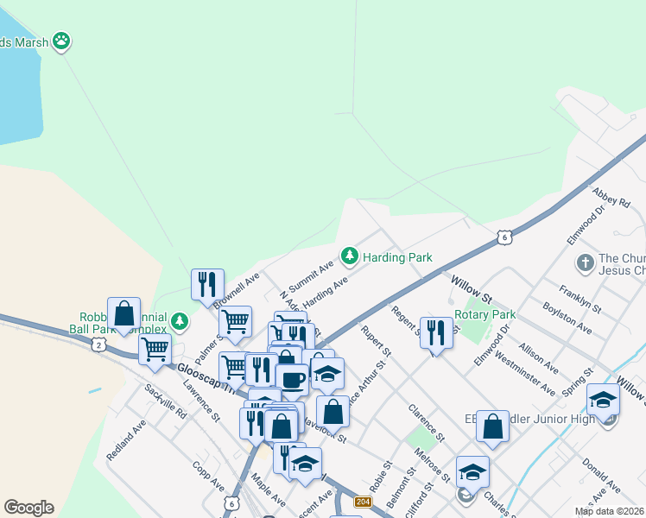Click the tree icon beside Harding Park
click(x=350, y=256)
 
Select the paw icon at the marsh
click(x=60, y=40)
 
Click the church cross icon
click(x=585, y=262)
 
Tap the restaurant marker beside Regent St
click(x=436, y=332)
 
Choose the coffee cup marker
click(x=292, y=378)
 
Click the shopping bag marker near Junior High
click(x=492, y=426)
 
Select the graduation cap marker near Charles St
click(x=472, y=471)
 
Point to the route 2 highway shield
click(x=98, y=344)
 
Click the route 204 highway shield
click(x=363, y=501)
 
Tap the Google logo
click(x=28, y=508)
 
